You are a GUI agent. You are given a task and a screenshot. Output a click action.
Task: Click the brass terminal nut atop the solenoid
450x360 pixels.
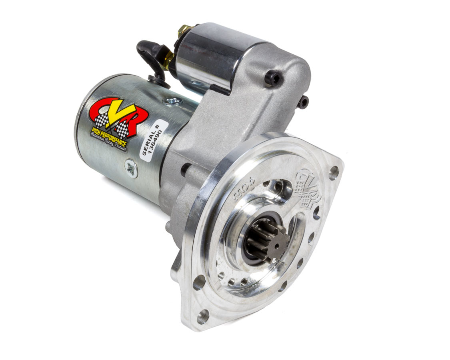click(185, 30)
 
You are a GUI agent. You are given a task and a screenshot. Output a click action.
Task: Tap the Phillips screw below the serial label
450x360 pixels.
click(131, 168)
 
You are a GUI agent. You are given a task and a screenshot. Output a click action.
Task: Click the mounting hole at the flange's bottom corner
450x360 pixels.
click(203, 316)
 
